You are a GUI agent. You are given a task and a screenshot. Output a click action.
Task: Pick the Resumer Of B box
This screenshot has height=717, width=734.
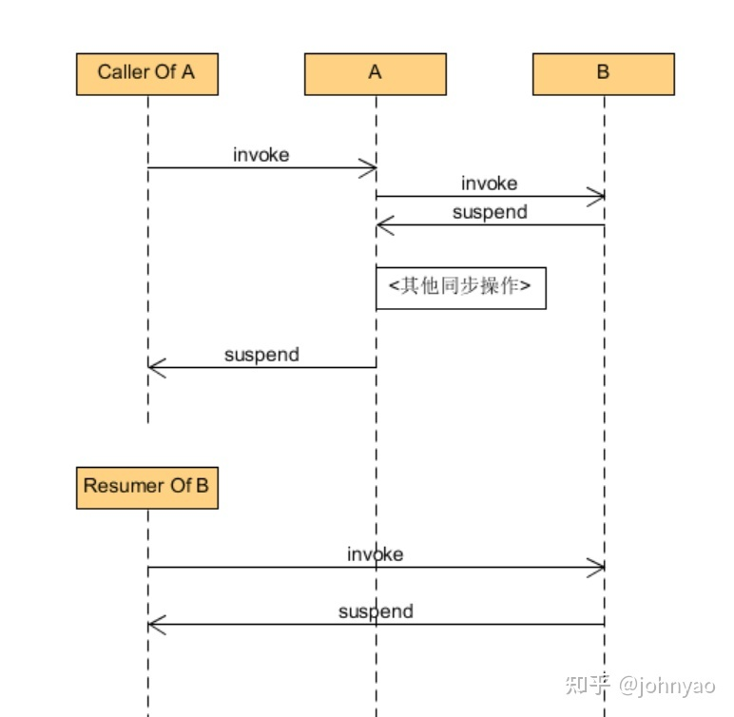[147, 488]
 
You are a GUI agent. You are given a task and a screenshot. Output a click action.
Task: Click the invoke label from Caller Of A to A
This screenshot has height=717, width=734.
[261, 155]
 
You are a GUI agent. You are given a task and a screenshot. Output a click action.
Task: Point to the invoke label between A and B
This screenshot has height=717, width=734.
[490, 184]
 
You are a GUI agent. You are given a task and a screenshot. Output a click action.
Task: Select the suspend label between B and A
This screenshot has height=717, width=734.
[490, 212]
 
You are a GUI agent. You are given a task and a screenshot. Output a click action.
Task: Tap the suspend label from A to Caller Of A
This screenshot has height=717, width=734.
[261, 355]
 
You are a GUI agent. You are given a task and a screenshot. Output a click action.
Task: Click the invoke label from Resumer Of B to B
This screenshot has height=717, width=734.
[375, 554]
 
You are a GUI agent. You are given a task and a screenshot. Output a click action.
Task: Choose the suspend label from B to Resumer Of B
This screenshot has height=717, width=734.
[376, 611]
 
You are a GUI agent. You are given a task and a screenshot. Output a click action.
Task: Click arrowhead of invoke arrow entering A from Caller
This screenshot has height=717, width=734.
[369, 168]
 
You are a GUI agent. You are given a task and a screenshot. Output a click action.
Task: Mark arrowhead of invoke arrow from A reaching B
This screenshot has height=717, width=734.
[596, 197]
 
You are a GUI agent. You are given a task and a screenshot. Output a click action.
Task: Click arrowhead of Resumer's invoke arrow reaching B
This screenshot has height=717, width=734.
[596, 568]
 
